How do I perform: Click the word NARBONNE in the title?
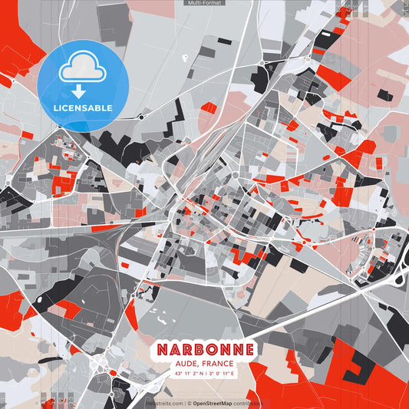(205, 349)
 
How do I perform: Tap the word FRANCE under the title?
(219, 364)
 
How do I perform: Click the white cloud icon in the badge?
(82, 68)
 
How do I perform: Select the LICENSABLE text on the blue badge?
(82, 107)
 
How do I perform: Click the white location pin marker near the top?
(185, 56)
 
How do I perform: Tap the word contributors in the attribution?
(250, 403)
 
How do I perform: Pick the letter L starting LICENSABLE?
(56, 107)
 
